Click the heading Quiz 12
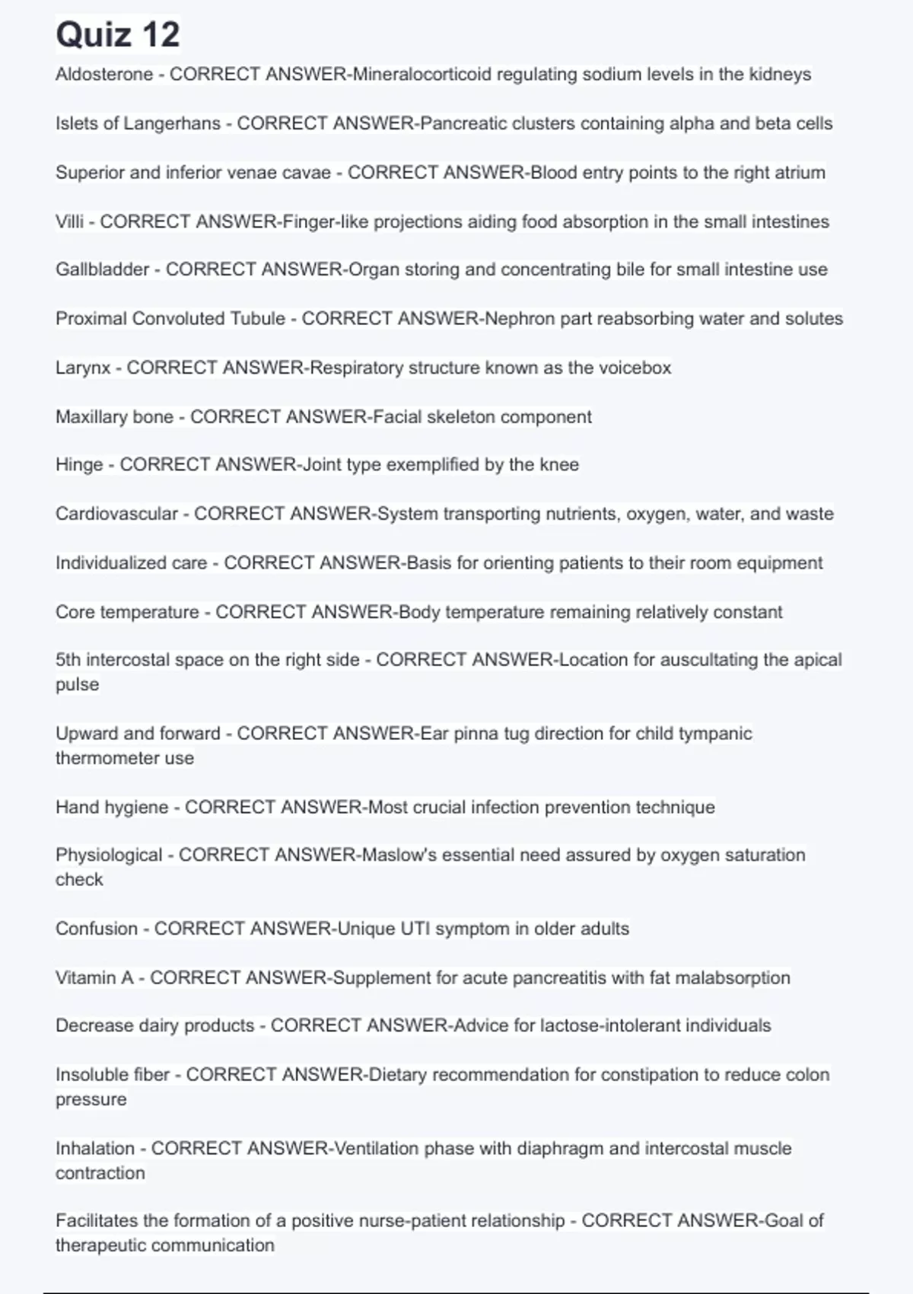click(x=118, y=35)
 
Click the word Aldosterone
click(x=104, y=75)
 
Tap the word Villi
click(x=69, y=222)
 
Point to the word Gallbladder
click(x=102, y=269)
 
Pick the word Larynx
click(x=83, y=368)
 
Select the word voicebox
click(x=635, y=368)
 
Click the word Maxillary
click(x=91, y=417)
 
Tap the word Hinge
click(x=79, y=465)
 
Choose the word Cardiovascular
click(x=116, y=514)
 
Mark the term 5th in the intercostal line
click(x=68, y=660)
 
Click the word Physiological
click(x=109, y=856)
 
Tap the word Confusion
click(x=97, y=929)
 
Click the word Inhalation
click(x=94, y=1149)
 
